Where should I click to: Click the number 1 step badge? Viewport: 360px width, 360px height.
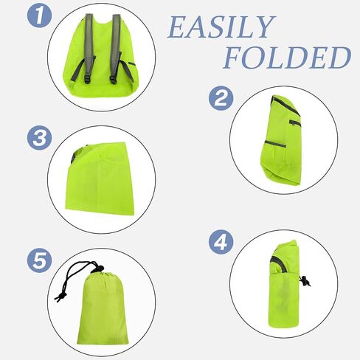[x=39, y=15]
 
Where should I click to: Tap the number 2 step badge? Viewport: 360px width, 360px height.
[x=221, y=98]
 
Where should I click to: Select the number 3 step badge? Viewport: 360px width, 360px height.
[x=39, y=138]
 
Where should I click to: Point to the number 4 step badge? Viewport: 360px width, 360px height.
[x=221, y=242]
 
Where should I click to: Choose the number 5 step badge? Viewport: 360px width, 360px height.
[x=39, y=260]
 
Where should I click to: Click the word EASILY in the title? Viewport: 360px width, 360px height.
[x=221, y=27]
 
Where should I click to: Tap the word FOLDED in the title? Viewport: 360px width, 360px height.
[x=287, y=58]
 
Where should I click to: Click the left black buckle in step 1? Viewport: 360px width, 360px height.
[x=87, y=79]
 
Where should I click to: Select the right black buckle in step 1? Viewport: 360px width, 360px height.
[x=113, y=80]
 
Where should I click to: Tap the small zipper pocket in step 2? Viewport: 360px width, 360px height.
[x=295, y=123]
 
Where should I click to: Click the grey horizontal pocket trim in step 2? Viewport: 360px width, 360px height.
[x=275, y=144]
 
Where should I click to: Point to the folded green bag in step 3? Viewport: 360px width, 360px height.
[x=100, y=179]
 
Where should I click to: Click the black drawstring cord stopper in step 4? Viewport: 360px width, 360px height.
[x=305, y=281]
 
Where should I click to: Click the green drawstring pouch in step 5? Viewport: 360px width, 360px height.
[x=103, y=308]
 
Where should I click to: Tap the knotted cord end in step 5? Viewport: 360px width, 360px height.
[x=60, y=297]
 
